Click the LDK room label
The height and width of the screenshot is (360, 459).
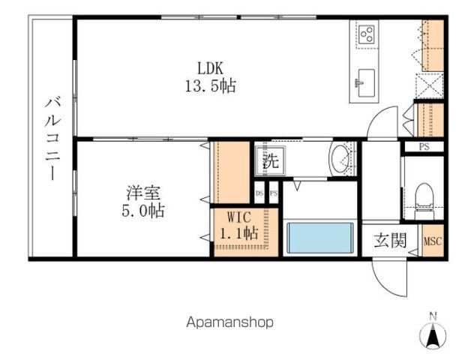click(210, 68)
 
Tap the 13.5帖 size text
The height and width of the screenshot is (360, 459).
click(211, 86)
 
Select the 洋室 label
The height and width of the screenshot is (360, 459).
click(144, 193)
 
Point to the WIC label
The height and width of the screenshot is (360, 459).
click(239, 217)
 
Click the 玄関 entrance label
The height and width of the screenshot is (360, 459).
click(391, 240)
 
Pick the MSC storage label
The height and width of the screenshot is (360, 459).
click(433, 241)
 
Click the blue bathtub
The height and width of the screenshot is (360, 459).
click(320, 238)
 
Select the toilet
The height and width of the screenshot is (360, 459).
click(424, 201)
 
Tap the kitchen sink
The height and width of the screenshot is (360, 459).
click(364, 82)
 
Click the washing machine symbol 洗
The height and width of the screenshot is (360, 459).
click(270, 160)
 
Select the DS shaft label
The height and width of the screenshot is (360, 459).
click(259, 193)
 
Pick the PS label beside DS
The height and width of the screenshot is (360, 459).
click(274, 193)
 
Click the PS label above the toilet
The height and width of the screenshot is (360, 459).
click(424, 147)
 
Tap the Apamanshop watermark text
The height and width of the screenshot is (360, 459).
click(229, 322)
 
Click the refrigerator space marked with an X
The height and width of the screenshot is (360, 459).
click(430, 85)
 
